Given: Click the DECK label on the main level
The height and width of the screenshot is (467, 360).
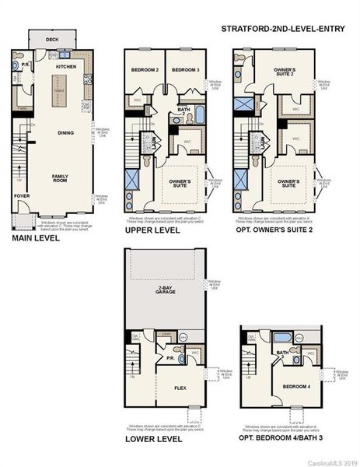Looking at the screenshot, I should pyautogui.click(x=51, y=40).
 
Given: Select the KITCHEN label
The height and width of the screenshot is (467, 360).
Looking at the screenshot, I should pyautogui.click(x=65, y=68).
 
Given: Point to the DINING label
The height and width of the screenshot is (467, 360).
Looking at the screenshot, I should pyautogui.click(x=65, y=133).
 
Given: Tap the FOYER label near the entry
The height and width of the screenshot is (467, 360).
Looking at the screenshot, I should pyautogui.click(x=22, y=195).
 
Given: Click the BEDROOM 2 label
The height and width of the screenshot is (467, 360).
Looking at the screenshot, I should pyautogui.click(x=145, y=70).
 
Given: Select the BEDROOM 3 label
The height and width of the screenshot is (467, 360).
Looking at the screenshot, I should pyautogui.click(x=185, y=70).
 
